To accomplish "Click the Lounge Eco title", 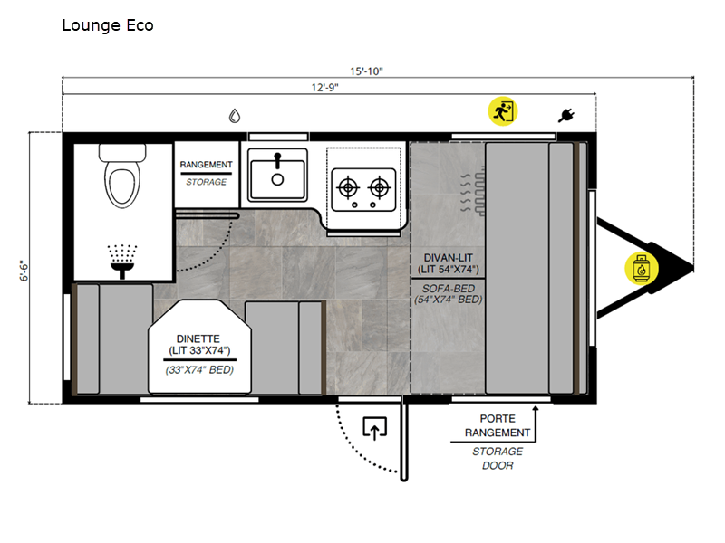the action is click(x=108, y=25).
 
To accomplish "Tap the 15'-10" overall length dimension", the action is click(x=366, y=71).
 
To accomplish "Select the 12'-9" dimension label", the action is click(x=324, y=87).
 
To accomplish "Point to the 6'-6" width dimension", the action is click(x=24, y=271).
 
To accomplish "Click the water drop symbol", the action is click(x=235, y=116).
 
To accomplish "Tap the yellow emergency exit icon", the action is click(x=503, y=111).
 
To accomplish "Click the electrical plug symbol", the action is click(x=566, y=115).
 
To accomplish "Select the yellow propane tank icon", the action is click(x=641, y=268).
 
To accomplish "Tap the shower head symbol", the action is click(x=122, y=262).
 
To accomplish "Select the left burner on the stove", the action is click(x=348, y=187).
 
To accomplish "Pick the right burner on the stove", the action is click(x=379, y=187).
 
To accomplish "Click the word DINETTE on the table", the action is click(x=198, y=338).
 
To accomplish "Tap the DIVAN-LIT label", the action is click(x=448, y=258).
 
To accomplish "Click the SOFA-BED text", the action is click(x=448, y=289).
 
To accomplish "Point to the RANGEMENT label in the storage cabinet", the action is click(x=207, y=165).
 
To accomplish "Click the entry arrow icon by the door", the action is click(x=375, y=428).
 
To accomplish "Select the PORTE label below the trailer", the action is click(x=498, y=419).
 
